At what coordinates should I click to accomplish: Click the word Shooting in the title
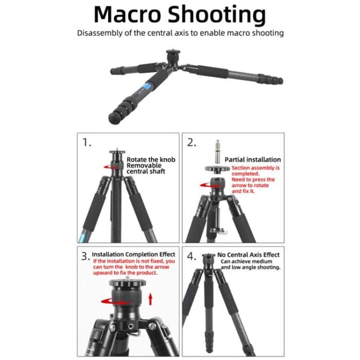tap(219, 15)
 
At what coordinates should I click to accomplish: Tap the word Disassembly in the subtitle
tap(100, 33)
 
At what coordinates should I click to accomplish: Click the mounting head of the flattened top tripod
tap(173, 55)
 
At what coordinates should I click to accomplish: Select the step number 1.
tap(87, 143)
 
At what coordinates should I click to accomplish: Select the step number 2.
tap(191, 143)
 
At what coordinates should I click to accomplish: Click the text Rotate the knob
tap(151, 159)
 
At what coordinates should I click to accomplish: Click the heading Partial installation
tap(253, 159)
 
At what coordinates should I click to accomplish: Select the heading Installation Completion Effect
tap(134, 254)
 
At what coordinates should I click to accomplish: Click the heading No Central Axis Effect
tap(248, 255)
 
